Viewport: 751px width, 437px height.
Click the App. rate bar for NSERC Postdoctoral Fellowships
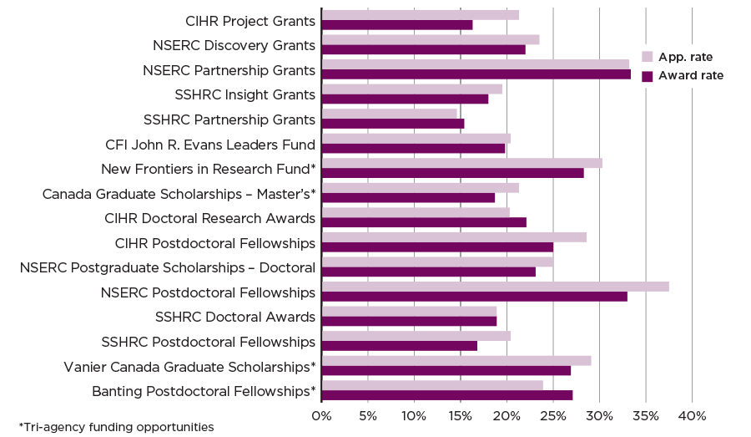[495, 287]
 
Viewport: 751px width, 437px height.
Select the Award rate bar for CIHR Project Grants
[397, 25]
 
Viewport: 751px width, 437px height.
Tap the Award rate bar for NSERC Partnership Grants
[476, 74]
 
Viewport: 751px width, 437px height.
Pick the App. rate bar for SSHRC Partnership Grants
[389, 114]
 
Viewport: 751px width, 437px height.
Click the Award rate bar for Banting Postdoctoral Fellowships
[447, 395]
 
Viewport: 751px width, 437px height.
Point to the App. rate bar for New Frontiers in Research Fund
[461, 163]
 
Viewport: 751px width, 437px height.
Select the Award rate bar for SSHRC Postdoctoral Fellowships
[400, 346]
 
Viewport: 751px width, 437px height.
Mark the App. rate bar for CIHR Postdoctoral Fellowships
[454, 237]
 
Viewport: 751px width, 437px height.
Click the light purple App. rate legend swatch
[647, 57]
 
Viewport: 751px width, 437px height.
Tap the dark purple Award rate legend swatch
[647, 76]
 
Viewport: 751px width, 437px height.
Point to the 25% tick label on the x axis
[553, 415]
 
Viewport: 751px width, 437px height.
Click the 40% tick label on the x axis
[692, 415]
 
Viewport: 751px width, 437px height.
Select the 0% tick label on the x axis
[322, 415]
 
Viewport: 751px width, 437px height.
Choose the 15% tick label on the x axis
[461, 415]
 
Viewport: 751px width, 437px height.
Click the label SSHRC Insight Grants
[244, 94]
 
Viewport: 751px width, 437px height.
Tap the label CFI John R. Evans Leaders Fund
[210, 145]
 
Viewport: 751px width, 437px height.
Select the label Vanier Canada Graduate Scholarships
[189, 367]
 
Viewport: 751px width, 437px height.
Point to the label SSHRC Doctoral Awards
[235, 318]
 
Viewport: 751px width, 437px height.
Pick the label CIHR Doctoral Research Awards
[209, 219]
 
